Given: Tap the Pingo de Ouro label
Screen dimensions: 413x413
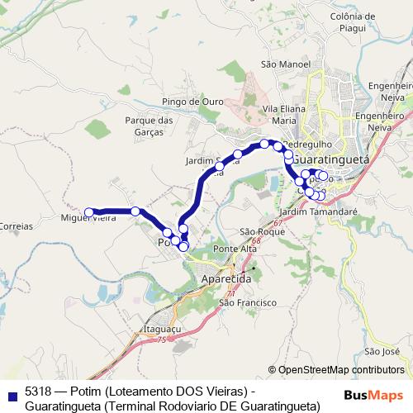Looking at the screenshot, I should pyautogui.click(x=193, y=102).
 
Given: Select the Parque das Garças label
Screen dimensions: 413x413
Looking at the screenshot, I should pyautogui.click(x=149, y=126).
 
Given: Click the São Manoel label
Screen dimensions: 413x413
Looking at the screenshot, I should pyautogui.click(x=285, y=64).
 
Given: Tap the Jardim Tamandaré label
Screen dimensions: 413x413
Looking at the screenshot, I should pyautogui.click(x=325, y=211).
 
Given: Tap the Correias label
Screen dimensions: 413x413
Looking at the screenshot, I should pyautogui.click(x=17, y=225).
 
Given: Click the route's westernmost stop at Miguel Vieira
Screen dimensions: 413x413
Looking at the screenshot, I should pyautogui.click(x=89, y=211).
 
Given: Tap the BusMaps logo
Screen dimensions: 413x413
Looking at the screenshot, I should pyautogui.click(x=373, y=394).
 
